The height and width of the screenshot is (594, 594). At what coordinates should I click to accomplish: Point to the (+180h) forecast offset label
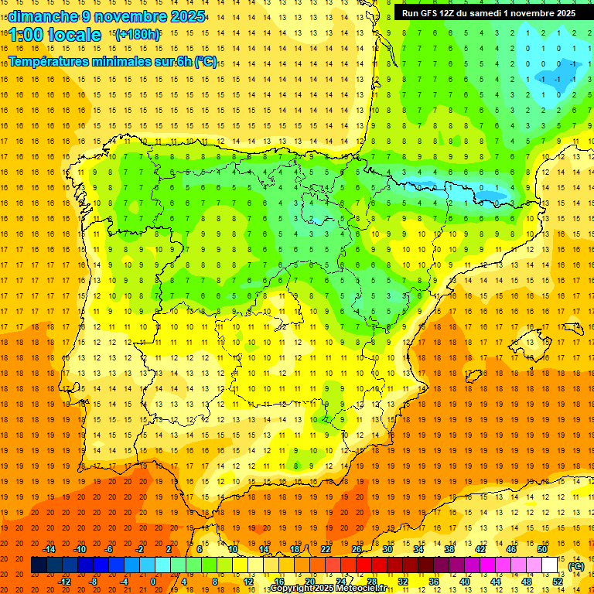(138, 35)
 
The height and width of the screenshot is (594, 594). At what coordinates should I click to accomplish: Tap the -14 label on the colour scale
(49, 549)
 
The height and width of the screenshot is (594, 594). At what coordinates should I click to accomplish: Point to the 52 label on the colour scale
(558, 582)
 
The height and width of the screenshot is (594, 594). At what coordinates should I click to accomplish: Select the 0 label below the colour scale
(153, 582)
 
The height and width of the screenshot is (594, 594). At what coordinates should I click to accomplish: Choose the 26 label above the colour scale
(356, 549)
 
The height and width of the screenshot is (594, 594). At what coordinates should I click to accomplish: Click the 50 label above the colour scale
(541, 549)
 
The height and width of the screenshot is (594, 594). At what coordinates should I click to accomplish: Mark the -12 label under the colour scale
(66, 582)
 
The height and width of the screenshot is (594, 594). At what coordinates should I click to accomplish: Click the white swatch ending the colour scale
(549, 565)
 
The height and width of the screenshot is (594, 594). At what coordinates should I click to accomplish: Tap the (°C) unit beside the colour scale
(575, 566)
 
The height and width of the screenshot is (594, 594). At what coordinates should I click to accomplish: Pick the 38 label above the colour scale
(449, 549)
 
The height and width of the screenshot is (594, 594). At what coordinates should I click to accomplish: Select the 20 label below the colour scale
(309, 582)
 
